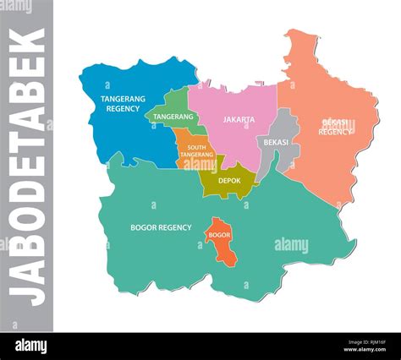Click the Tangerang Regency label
(x=119, y=103)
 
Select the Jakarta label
(x=239, y=120)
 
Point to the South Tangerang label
(x=195, y=150)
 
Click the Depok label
(x=229, y=180)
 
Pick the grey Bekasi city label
(x=276, y=142)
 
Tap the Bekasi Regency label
(x=335, y=127)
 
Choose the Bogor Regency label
(x=161, y=227)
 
